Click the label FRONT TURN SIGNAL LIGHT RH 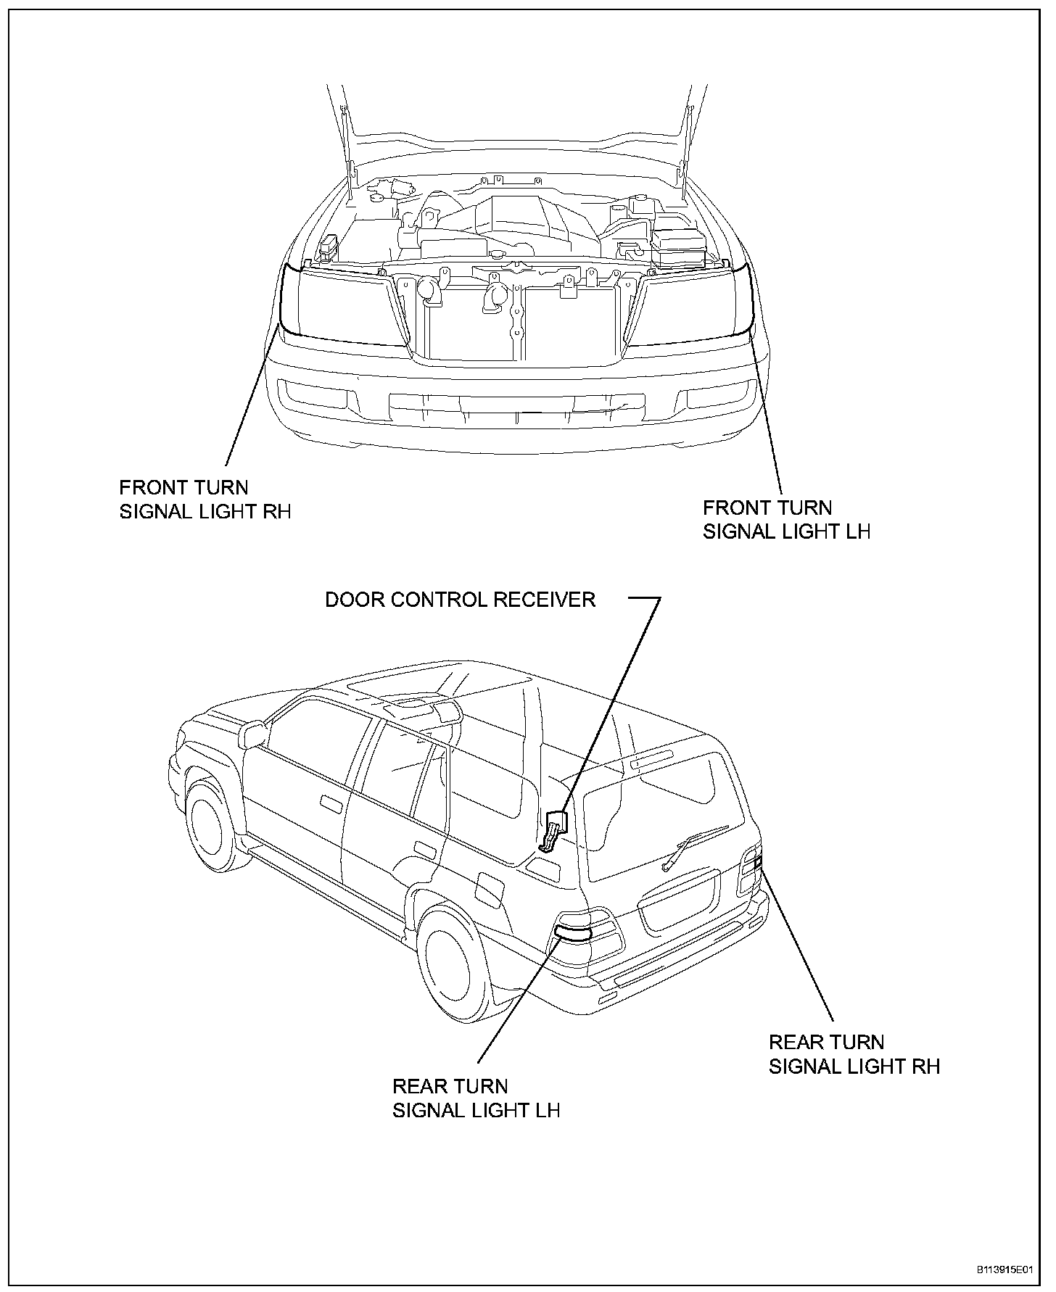pyautogui.click(x=205, y=499)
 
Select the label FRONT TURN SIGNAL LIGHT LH pyautogui.click(x=786, y=519)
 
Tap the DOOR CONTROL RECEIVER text pyautogui.click(x=460, y=600)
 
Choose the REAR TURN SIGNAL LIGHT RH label pyautogui.click(x=854, y=1054)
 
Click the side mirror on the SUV pyautogui.click(x=253, y=734)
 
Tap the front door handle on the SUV pyautogui.click(x=331, y=804)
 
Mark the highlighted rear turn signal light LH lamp pyautogui.click(x=573, y=932)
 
